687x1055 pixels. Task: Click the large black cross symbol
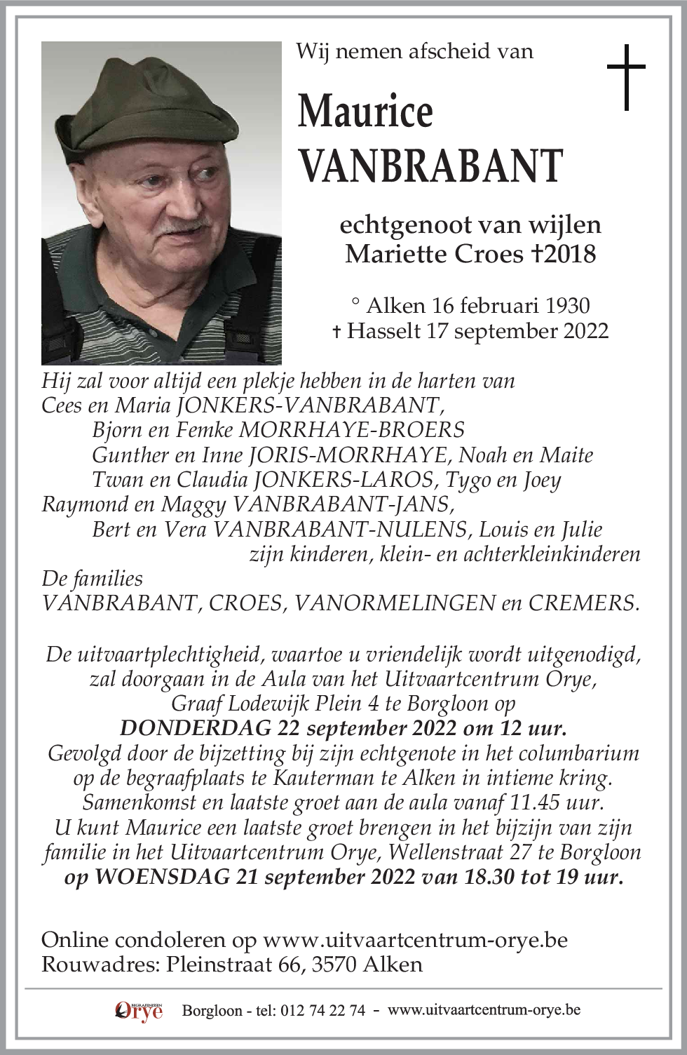click(x=625, y=77)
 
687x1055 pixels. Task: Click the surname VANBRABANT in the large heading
click(x=430, y=166)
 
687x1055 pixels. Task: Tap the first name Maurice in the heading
click(x=365, y=111)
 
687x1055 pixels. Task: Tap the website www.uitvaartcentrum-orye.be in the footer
click(x=484, y=1010)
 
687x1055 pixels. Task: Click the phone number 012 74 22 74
click(x=322, y=1010)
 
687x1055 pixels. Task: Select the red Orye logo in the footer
click(x=139, y=1011)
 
